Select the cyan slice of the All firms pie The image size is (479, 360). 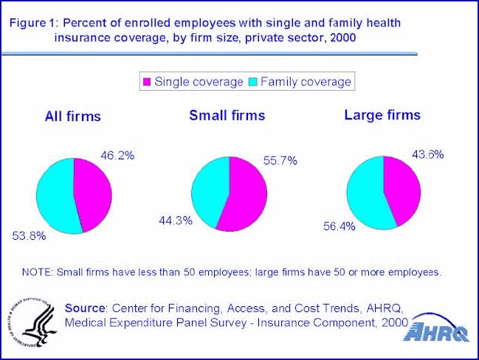(55, 195)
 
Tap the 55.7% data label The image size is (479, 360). (279, 161)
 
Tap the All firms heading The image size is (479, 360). (72, 117)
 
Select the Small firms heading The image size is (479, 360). (227, 115)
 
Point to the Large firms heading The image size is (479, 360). (382, 115)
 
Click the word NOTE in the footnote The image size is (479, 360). (35, 272)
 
